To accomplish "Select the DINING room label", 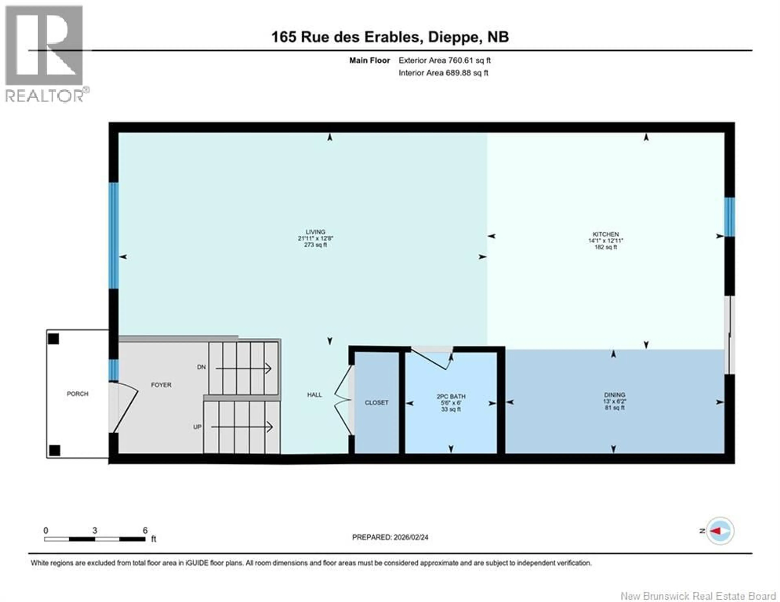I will [615, 395].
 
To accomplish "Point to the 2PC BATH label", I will [451, 396].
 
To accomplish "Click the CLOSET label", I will [376, 402].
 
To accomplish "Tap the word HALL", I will [314, 395].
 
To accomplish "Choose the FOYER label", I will [161, 385].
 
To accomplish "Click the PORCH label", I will [78, 393].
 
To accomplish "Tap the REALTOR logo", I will [45, 54].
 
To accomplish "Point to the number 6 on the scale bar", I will [145, 530].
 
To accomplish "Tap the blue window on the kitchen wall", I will [729, 217].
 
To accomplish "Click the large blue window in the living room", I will [114, 235].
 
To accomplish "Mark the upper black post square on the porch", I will [54, 339].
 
